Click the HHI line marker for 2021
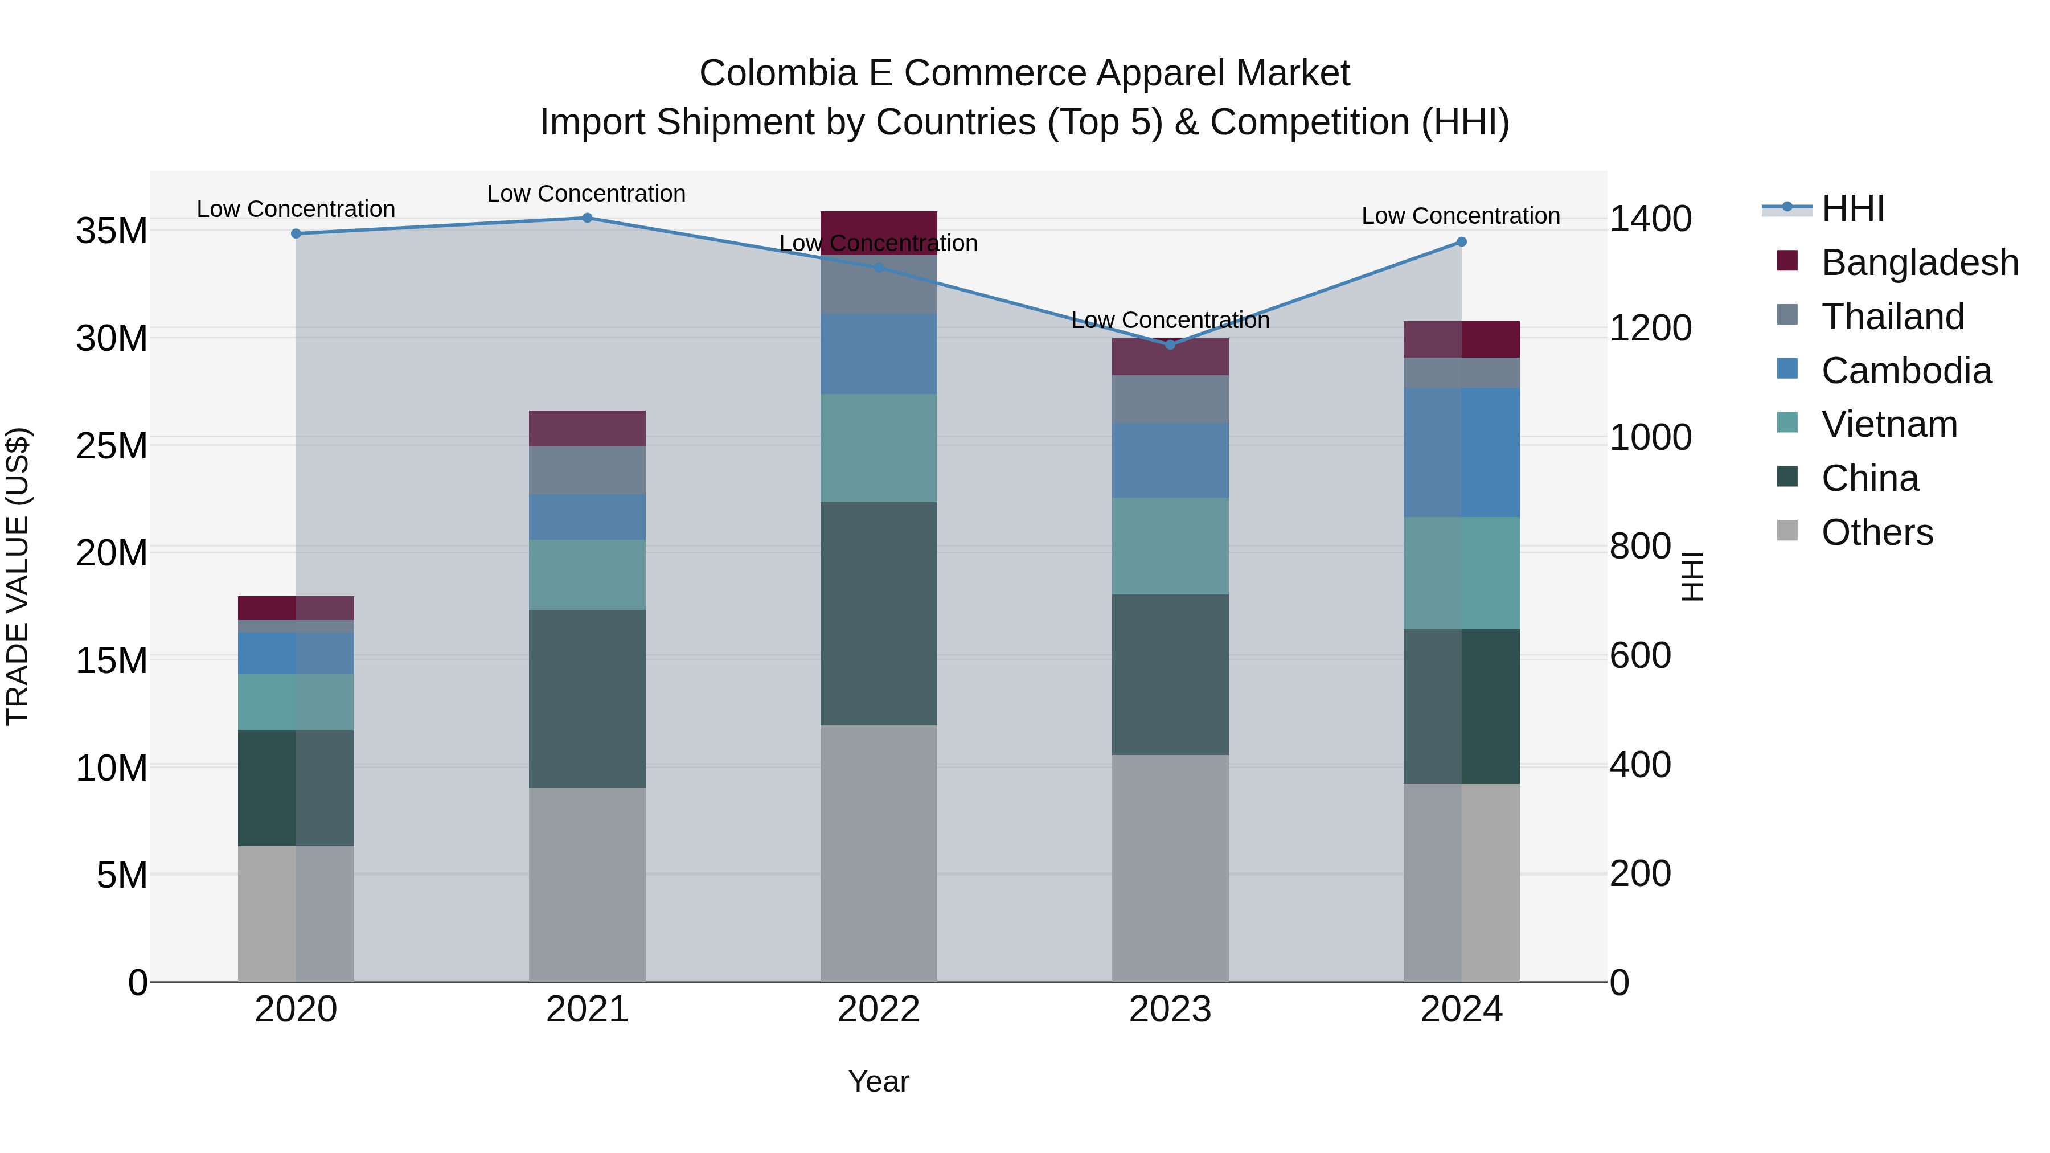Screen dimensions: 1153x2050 click(x=587, y=218)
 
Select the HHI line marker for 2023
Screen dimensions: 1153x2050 click(x=1170, y=344)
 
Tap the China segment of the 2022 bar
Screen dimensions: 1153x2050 click(x=879, y=613)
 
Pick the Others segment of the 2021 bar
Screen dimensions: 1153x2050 click(x=587, y=884)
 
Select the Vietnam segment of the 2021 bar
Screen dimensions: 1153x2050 click(x=587, y=575)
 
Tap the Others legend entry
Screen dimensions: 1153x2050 click(x=1876, y=532)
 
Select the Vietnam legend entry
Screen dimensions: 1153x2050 click(x=1888, y=424)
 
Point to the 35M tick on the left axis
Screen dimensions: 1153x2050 click(x=112, y=231)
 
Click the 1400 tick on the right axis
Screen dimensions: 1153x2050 click(x=1650, y=219)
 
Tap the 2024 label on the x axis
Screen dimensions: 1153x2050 click(x=1461, y=1010)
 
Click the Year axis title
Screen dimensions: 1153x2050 click(x=879, y=1081)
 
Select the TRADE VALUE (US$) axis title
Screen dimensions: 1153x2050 click(x=18, y=576)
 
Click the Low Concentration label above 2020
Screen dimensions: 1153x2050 click(x=296, y=210)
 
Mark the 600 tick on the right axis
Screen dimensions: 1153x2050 click(x=1640, y=656)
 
